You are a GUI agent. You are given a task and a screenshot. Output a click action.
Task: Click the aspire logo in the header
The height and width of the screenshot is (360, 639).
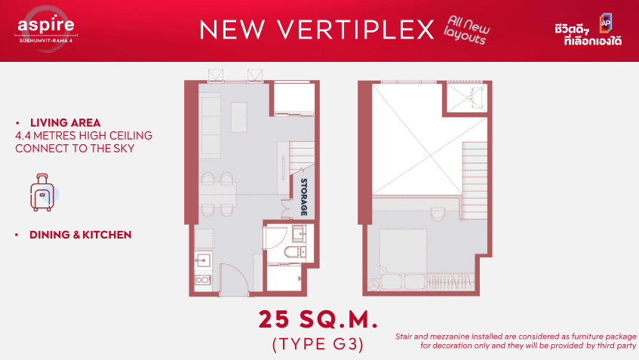pos(45,29)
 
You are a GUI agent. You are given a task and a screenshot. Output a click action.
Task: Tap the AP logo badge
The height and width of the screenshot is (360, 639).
pos(606,23)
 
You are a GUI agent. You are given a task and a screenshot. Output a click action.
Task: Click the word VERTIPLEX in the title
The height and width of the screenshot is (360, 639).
pos(356,29)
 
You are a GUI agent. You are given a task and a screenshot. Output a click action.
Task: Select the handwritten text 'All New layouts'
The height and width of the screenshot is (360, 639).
pos(467,29)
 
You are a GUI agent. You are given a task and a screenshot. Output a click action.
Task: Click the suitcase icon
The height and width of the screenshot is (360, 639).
pos(42,192)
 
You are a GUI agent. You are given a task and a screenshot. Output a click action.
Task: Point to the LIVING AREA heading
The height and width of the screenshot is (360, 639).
pos(65,123)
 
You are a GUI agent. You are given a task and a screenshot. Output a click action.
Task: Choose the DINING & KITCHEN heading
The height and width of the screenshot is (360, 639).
pos(80,235)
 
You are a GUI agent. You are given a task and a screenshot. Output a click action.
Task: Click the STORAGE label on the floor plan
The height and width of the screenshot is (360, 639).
pos(304,196)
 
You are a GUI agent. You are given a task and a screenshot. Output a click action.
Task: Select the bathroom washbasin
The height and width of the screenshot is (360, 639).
pos(299,234)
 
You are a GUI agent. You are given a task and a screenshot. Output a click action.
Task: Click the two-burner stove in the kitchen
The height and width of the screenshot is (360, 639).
pos(203,280)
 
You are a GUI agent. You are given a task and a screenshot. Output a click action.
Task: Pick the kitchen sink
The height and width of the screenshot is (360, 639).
pos(203,260)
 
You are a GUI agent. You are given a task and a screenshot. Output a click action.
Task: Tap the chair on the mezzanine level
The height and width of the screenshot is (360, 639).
pos(438,214)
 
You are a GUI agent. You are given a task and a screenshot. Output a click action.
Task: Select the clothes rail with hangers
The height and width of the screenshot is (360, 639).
pos(450,282)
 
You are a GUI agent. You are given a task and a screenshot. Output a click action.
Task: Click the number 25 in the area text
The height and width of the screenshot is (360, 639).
pos(275,320)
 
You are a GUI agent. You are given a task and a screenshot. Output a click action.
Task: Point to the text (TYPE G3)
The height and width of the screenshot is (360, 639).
pos(318,344)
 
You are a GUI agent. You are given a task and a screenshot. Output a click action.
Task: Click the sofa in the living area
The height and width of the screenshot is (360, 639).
pos(210,125)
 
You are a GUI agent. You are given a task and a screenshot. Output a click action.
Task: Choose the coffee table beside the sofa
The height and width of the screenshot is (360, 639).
pos(239,118)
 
